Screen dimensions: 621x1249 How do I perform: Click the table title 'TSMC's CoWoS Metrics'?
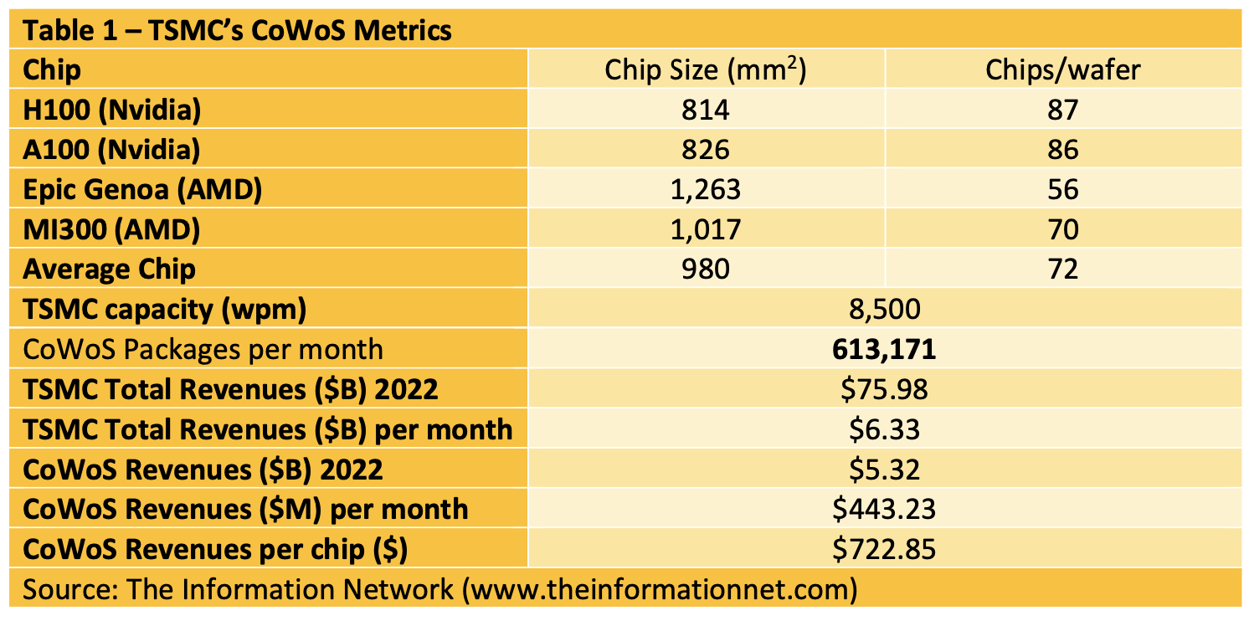click(x=237, y=30)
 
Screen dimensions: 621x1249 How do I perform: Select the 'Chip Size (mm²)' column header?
click(x=705, y=70)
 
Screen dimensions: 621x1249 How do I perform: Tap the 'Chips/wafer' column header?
click(x=1062, y=70)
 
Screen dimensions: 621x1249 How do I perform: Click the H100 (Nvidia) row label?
click(x=112, y=110)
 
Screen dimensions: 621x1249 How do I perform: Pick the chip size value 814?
click(x=705, y=110)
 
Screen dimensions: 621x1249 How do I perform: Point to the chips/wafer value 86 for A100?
click(x=1062, y=150)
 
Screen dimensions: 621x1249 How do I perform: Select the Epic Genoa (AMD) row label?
click(x=142, y=190)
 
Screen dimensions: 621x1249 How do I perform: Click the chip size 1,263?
click(x=705, y=190)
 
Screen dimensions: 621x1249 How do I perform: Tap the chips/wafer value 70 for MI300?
click(x=1062, y=229)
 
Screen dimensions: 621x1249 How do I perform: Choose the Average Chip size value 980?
click(x=705, y=269)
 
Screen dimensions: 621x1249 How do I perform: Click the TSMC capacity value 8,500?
click(x=884, y=310)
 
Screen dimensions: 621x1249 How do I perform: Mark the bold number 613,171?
click(x=884, y=350)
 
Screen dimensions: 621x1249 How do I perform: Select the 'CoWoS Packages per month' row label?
click(x=203, y=350)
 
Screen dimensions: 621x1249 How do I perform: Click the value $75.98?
click(x=884, y=390)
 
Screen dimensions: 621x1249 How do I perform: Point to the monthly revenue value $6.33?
click(x=884, y=430)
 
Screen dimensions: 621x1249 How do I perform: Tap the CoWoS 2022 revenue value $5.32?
click(x=884, y=470)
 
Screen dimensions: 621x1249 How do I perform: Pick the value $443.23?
click(x=884, y=510)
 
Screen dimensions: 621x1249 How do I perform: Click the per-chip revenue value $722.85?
click(x=884, y=550)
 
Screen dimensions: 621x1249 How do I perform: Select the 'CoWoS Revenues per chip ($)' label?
click(x=215, y=550)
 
